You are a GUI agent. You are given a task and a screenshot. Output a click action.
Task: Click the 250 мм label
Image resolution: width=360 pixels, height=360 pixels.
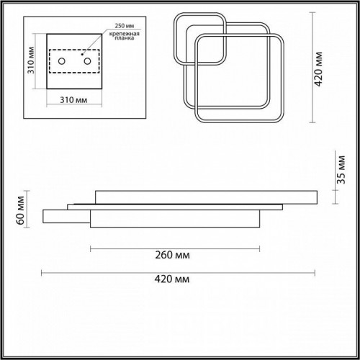coord(124,26)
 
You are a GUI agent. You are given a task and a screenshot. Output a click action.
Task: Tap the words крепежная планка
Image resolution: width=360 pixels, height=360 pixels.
coord(125,36)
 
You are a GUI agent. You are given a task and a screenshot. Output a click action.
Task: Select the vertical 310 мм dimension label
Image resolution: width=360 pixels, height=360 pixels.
coord(31,60)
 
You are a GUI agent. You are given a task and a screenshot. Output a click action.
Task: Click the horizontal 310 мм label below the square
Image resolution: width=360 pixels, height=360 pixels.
coord(73,100)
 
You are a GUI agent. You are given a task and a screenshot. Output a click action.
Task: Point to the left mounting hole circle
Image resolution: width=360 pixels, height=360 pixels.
coord(62,61)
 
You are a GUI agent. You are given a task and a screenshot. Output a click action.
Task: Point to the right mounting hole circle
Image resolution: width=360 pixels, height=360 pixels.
coord(87,61)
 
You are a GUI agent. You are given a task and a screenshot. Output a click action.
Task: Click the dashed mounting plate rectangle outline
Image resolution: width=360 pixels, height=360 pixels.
coord(74,50)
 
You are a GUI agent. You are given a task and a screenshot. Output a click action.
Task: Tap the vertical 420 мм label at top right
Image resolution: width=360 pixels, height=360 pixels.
coord(318,68)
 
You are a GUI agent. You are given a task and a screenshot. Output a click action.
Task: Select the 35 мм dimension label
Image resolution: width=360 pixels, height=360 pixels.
coord(341,170)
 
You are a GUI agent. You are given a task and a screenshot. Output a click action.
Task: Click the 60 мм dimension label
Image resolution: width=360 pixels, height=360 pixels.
coord(20,210)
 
